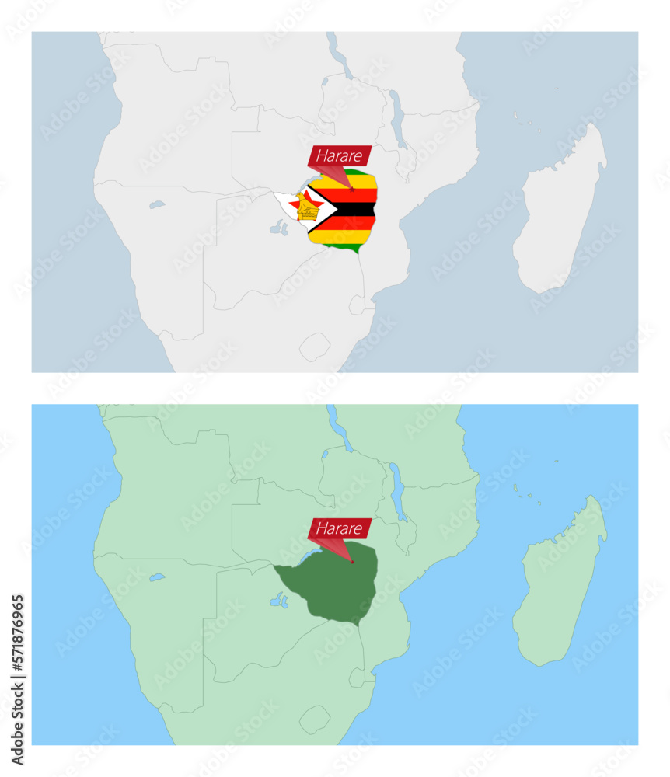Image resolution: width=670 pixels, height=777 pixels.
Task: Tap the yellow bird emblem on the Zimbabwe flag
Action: pos(305,207)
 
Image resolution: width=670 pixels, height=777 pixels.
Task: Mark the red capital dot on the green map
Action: pos(352,562)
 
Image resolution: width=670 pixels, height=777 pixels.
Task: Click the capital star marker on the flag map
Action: pos(352,189)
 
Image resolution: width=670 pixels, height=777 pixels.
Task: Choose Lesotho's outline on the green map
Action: pos(315,719)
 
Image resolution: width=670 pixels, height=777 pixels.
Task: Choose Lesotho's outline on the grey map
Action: pos(315,346)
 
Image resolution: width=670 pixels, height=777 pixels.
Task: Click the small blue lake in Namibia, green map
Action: pos(157,578)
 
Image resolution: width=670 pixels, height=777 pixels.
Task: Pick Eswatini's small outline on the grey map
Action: pos(357,305)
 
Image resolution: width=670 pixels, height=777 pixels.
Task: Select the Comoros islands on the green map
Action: pos(522,491)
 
